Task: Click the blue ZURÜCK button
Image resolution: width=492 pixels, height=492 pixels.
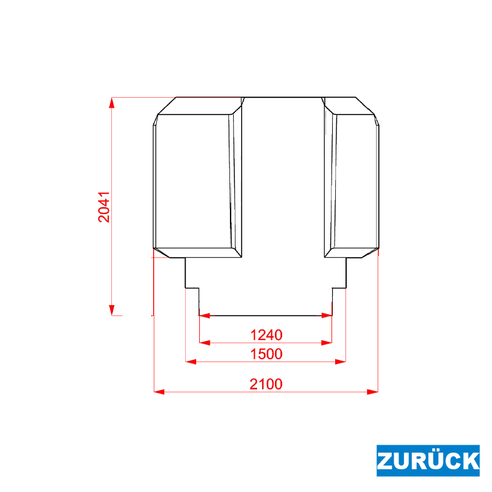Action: pyautogui.click(x=428, y=460)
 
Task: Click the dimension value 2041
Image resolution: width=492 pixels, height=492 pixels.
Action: pyautogui.click(x=104, y=207)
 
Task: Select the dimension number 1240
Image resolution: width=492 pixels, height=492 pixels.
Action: pyautogui.click(x=266, y=335)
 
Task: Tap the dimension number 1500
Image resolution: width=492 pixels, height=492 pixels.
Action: pyautogui.click(x=266, y=354)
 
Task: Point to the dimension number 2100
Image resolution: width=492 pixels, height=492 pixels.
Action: pyautogui.click(x=266, y=384)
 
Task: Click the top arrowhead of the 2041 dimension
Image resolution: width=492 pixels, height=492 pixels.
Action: pyautogui.click(x=112, y=102)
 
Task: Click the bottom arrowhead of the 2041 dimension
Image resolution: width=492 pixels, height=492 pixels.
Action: pyautogui.click(x=112, y=310)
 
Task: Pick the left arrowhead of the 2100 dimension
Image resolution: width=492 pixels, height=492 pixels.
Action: pyautogui.click(x=159, y=392)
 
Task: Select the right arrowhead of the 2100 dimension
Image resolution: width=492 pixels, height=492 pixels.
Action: pyautogui.click(x=373, y=392)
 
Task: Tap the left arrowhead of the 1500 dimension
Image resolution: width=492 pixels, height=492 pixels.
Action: pyautogui.click(x=191, y=362)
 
